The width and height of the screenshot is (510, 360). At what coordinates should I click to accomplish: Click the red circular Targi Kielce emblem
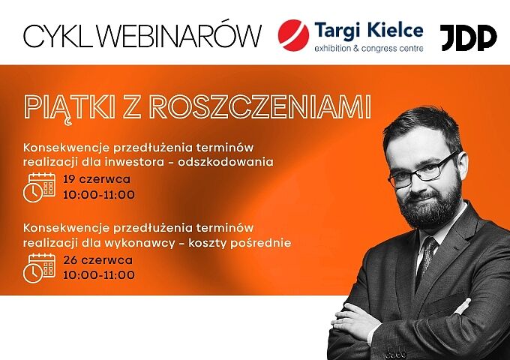click(x=293, y=35)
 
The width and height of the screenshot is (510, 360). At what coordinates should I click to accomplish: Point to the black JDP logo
click(x=468, y=37)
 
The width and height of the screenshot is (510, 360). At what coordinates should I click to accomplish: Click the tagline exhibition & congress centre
click(x=369, y=49)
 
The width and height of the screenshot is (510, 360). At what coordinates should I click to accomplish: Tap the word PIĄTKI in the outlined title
click(x=70, y=107)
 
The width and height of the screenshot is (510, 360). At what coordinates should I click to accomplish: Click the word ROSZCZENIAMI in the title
click(x=260, y=106)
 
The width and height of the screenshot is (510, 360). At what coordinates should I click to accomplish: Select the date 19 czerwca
click(x=97, y=179)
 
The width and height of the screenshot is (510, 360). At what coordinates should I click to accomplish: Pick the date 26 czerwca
click(x=98, y=260)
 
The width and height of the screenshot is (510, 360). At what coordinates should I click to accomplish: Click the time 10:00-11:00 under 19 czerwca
click(x=99, y=195)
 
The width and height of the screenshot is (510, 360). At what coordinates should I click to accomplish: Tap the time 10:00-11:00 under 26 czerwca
click(x=99, y=274)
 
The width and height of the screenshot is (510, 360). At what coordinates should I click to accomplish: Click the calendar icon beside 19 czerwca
click(x=39, y=187)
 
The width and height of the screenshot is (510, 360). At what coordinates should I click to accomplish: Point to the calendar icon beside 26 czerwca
click(x=39, y=268)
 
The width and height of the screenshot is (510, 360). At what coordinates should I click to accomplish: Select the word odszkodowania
click(x=226, y=162)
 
